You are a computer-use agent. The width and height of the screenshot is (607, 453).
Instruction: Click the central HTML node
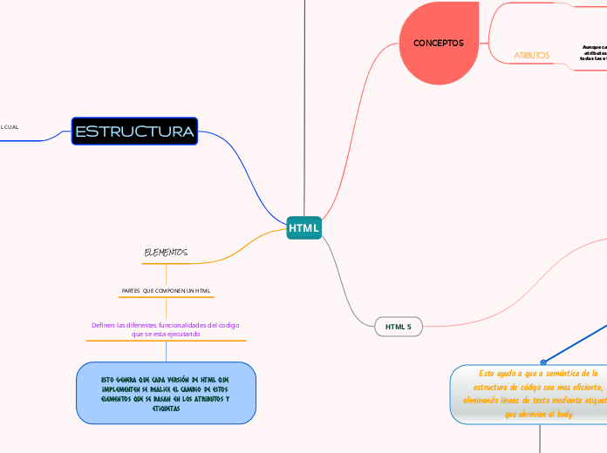pyautogui.click(x=303, y=228)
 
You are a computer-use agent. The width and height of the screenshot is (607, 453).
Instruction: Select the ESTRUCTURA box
pyautogui.click(x=134, y=132)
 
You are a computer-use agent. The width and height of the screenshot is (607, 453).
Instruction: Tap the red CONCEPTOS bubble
pyautogui.click(x=438, y=43)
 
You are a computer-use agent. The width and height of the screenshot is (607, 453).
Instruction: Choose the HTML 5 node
pyautogui.click(x=398, y=327)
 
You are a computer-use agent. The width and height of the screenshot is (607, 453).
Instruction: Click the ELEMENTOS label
pyautogui.click(x=166, y=253)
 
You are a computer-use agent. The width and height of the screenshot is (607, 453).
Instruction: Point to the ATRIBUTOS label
pyautogui.click(x=531, y=55)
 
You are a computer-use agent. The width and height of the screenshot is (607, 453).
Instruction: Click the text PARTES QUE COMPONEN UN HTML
pyautogui.click(x=166, y=290)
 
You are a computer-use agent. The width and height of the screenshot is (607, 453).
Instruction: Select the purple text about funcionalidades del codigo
pyautogui.click(x=166, y=328)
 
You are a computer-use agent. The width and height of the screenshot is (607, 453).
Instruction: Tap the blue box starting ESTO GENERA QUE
pyautogui.click(x=166, y=394)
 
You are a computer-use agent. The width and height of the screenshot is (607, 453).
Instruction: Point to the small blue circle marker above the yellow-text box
pyautogui.click(x=542, y=362)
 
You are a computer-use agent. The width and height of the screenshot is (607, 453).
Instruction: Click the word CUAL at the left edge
pyautogui.click(x=10, y=127)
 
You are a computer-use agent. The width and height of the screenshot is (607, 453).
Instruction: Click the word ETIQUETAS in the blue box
pyautogui.click(x=166, y=408)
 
